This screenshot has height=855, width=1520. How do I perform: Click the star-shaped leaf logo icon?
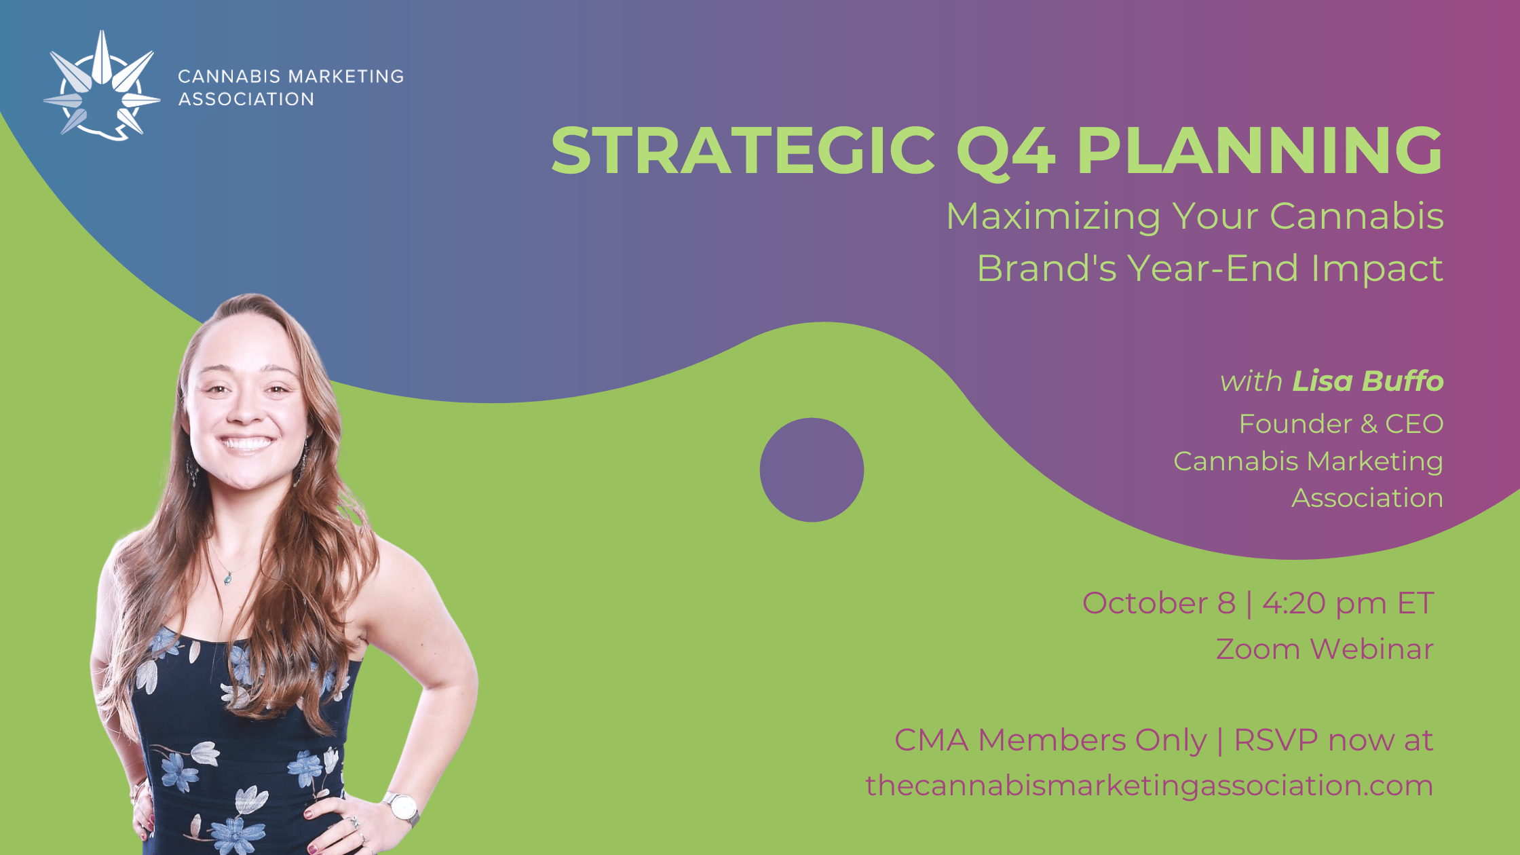coord(102,85)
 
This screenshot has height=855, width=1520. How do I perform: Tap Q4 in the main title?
coord(1006,152)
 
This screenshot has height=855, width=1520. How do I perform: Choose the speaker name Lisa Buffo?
coord(1367,381)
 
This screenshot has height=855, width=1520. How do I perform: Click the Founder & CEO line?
coord(1341,423)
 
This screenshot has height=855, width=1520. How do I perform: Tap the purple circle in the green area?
coord(812,470)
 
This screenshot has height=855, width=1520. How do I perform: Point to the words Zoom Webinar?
coord(1325,649)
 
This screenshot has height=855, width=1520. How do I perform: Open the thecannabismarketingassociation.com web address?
coord(1149,785)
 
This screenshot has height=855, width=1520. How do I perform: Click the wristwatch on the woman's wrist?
coord(402,808)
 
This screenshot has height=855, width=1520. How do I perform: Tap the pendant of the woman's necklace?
coord(228,578)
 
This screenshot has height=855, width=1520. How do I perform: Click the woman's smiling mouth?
coord(246,444)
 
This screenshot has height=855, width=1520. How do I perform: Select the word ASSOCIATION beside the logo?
coord(246,99)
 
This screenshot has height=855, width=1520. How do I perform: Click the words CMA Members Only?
coord(1050,740)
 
